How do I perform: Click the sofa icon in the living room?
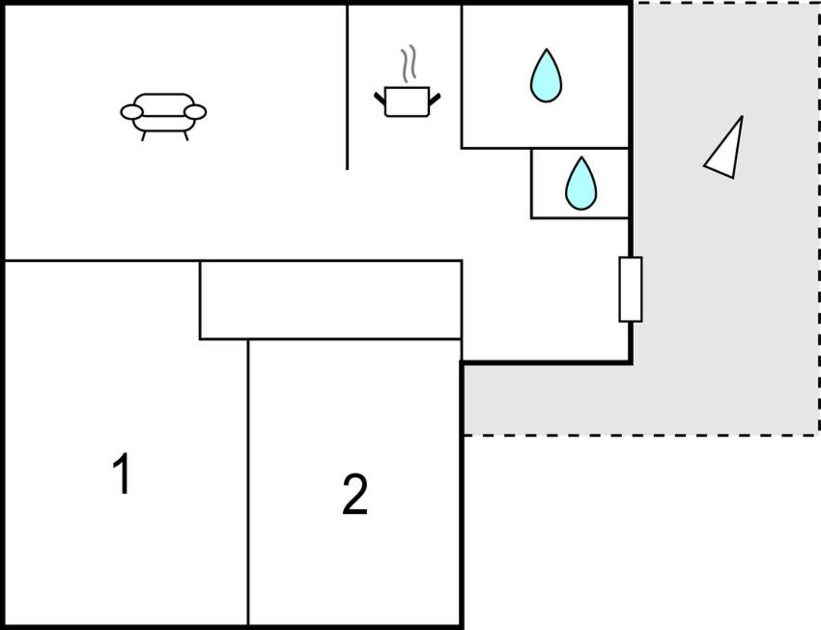tap(163, 116)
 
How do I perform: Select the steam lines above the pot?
tap(409, 64)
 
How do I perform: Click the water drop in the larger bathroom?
tap(546, 75)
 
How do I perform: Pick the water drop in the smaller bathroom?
tap(580, 184)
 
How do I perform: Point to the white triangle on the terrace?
tap(726, 150)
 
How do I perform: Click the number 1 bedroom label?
tap(122, 473)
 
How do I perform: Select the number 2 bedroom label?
tap(355, 494)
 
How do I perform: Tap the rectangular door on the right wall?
tap(631, 289)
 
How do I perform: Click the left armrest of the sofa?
tap(131, 112)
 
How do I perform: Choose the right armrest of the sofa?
tap(195, 112)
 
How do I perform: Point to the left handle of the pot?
tap(380, 98)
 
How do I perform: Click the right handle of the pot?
tap(435, 98)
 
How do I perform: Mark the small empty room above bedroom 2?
tap(330, 300)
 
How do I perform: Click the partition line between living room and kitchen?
tap(347, 87)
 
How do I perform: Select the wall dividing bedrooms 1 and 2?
tap(248, 482)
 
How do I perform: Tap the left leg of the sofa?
tap(144, 136)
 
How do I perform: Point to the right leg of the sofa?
tap(185, 136)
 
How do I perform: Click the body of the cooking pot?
tap(407, 102)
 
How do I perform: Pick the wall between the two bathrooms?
tap(580, 148)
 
